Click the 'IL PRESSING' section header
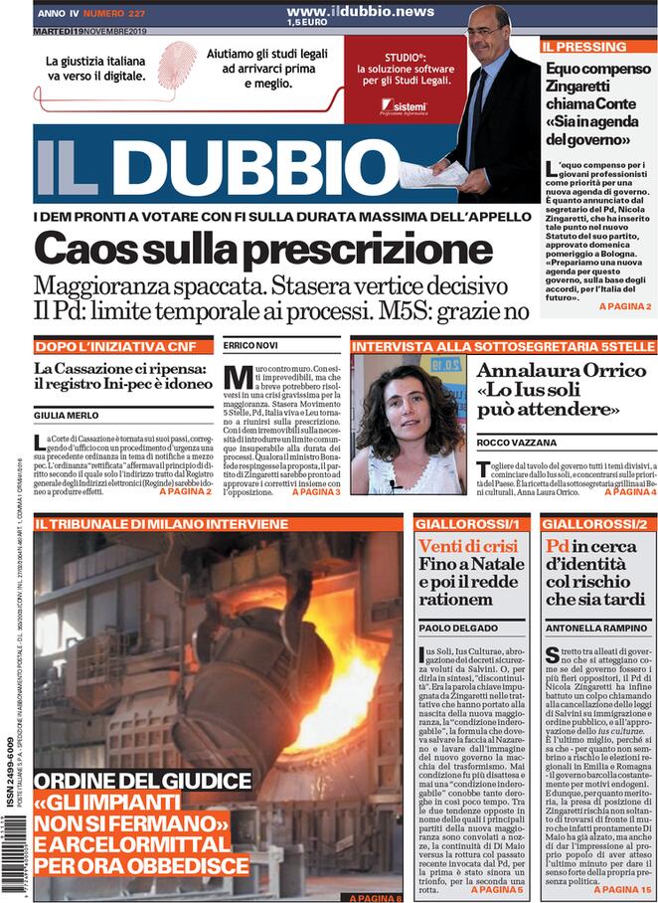click(x=584, y=47)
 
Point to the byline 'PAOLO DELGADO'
click(x=457, y=629)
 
